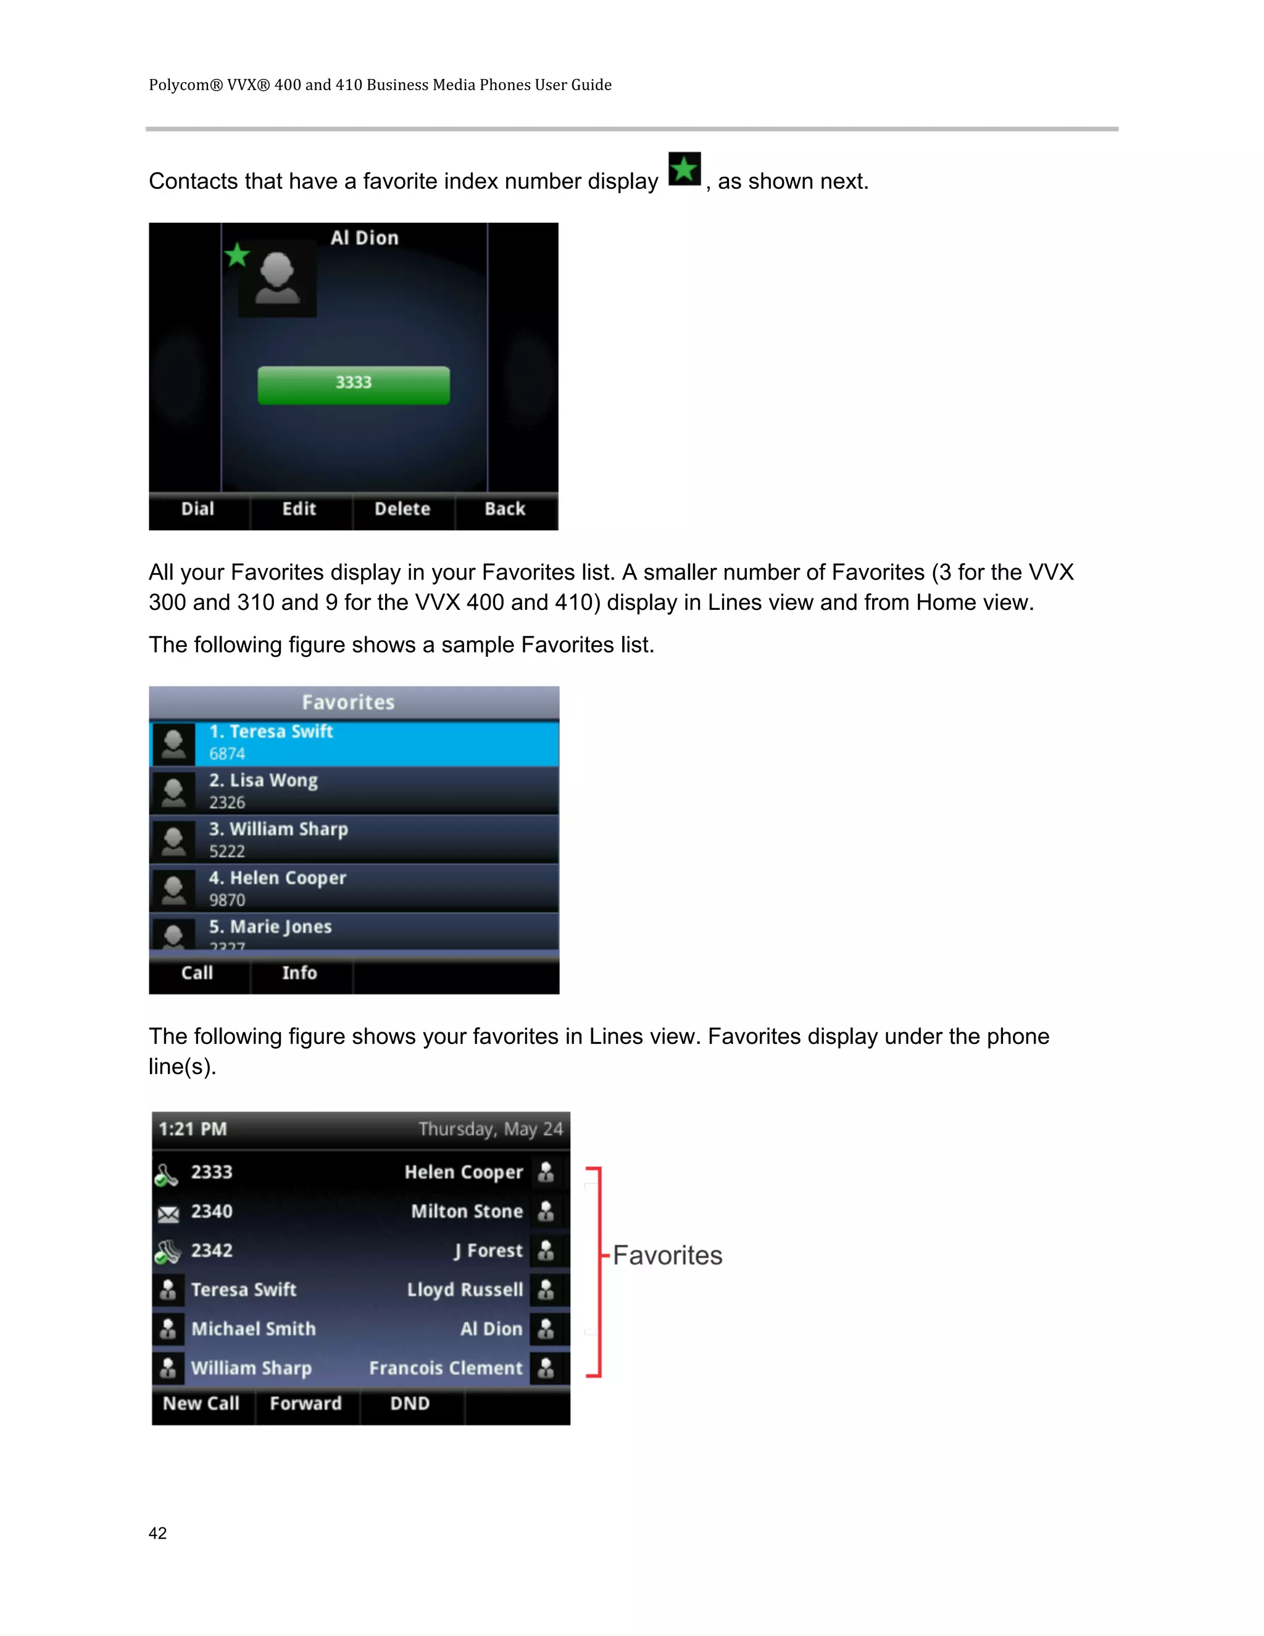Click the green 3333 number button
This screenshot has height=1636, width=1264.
pyautogui.click(x=354, y=385)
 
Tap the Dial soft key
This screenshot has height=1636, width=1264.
pyautogui.click(x=197, y=509)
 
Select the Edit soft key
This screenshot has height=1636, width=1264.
pyautogui.click(x=299, y=509)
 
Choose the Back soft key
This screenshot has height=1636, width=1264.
pyautogui.click(x=505, y=509)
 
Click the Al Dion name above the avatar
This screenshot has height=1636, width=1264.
pyautogui.click(x=365, y=238)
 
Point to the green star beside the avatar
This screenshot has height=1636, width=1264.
pyautogui.click(x=238, y=256)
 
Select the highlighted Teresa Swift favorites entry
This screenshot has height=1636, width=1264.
pyautogui.click(x=354, y=742)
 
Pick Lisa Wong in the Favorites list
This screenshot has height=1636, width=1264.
pyautogui.click(x=354, y=791)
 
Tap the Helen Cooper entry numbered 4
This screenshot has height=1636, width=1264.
pyautogui.click(x=354, y=888)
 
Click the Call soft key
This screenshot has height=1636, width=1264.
pyautogui.click(x=197, y=973)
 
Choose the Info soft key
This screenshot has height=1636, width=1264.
pyautogui.click(x=299, y=973)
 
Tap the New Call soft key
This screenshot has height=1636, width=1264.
pyautogui.click(x=201, y=1404)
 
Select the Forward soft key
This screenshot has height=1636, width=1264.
pyautogui.click(x=306, y=1404)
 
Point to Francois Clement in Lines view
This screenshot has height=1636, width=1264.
pyautogui.click(x=446, y=1369)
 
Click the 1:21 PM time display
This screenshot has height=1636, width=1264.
pyautogui.click(x=193, y=1130)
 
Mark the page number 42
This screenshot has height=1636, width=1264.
pyautogui.click(x=158, y=1534)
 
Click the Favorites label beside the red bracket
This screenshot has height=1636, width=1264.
pyautogui.click(x=667, y=1256)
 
